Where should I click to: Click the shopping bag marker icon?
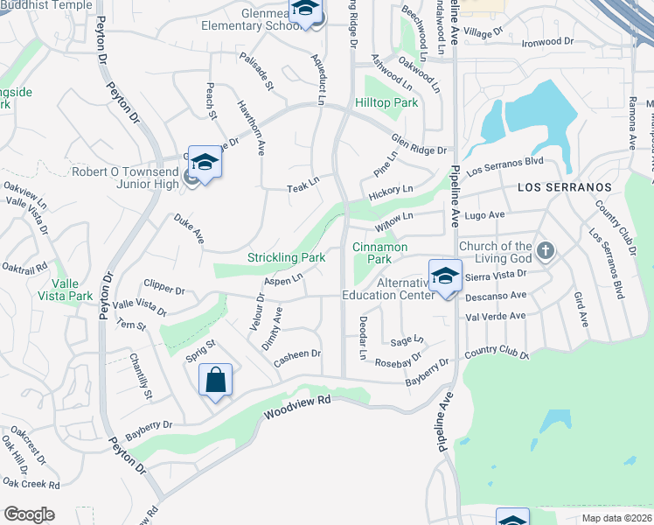coord(215,381)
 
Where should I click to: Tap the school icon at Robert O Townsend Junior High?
coord(205,162)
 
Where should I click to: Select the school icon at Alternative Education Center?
coord(445,276)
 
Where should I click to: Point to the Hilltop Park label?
coord(386,103)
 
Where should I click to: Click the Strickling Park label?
coord(286,258)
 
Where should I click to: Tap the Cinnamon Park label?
coord(379,254)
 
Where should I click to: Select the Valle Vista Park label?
coord(72,290)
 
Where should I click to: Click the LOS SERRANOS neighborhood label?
coord(564,188)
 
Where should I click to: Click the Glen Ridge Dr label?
coord(419,145)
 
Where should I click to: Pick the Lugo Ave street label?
coord(484,215)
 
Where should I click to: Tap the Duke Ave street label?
coord(188,229)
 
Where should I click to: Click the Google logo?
coord(29,514)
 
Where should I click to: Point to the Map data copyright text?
coord(617,518)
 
